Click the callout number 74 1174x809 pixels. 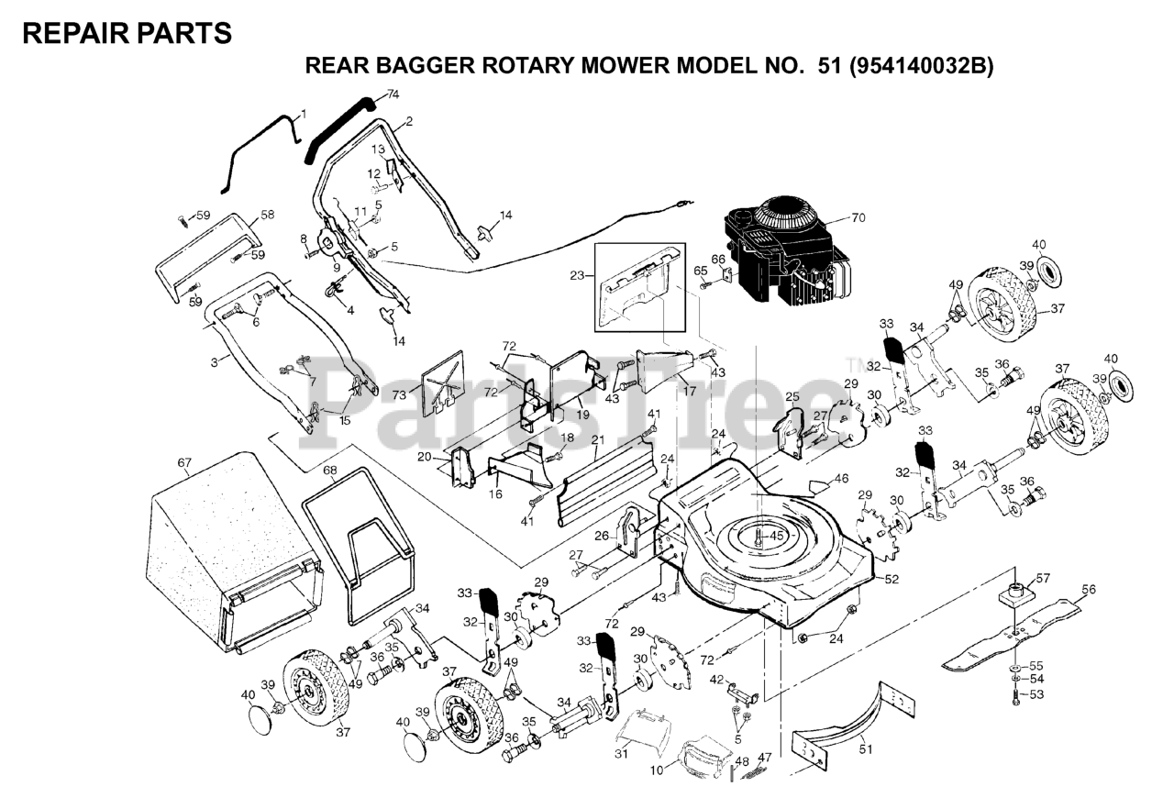[393, 94]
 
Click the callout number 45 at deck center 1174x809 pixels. [776, 536]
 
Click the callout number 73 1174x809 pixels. [398, 394]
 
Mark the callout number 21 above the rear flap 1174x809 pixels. [597, 439]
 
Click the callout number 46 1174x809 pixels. [841, 478]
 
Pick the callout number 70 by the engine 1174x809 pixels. [858, 218]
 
